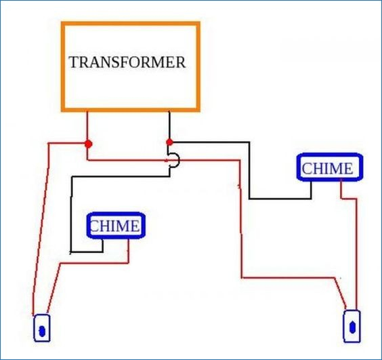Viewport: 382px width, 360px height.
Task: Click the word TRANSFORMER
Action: click(127, 62)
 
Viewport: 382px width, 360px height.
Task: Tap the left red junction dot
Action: click(89, 144)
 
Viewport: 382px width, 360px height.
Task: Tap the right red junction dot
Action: click(169, 142)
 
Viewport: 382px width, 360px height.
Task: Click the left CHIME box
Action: click(116, 225)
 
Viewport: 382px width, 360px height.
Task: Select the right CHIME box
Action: click(330, 167)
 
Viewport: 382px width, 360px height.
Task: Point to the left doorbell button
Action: click(42, 328)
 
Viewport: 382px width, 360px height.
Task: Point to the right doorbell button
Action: click(352, 326)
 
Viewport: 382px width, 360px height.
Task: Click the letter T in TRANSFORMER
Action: click(74, 62)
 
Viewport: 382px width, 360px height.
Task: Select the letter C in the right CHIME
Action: click(307, 169)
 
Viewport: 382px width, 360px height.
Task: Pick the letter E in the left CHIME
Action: click(135, 226)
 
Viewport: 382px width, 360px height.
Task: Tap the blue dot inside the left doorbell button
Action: click(42, 332)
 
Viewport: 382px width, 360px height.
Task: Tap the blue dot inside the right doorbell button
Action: click(352, 327)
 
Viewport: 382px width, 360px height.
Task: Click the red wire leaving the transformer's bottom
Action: click(87, 127)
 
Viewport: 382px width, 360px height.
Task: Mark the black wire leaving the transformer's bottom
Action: click(169, 126)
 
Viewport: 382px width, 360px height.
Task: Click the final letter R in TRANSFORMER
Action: click(181, 62)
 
